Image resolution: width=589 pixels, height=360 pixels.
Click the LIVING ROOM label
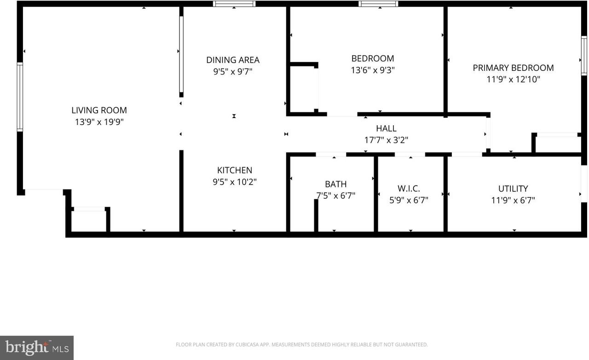coord(99,110)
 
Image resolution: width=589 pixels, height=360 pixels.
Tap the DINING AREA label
coord(233,60)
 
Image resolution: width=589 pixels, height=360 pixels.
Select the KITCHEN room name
coord(235,170)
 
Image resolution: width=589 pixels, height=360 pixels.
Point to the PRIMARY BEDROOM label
coord(513,68)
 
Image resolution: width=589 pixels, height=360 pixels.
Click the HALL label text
coord(386,128)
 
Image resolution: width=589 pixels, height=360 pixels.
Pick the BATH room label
coord(335,184)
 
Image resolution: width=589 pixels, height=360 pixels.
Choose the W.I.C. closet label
coord(409,188)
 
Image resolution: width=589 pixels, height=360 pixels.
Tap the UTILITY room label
coord(513,188)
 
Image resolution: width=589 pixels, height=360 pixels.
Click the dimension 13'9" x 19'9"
coord(99,122)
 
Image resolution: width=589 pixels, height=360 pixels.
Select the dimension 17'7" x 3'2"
coord(386,140)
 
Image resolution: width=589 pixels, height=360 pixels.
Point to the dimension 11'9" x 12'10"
coord(513,79)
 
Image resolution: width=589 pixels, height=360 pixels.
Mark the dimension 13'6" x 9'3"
coord(373,70)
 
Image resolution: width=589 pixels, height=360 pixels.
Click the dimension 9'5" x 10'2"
coord(235,182)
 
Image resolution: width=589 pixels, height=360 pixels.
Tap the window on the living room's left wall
coord(20,97)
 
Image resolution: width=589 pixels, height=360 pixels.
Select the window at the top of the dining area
coord(234,4)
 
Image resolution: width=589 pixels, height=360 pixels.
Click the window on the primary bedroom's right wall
coord(584,56)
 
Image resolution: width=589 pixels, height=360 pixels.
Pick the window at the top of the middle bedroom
coord(378,4)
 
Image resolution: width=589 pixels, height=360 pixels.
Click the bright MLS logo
coord(37,348)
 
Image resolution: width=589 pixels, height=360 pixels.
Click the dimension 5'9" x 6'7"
coord(409,200)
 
